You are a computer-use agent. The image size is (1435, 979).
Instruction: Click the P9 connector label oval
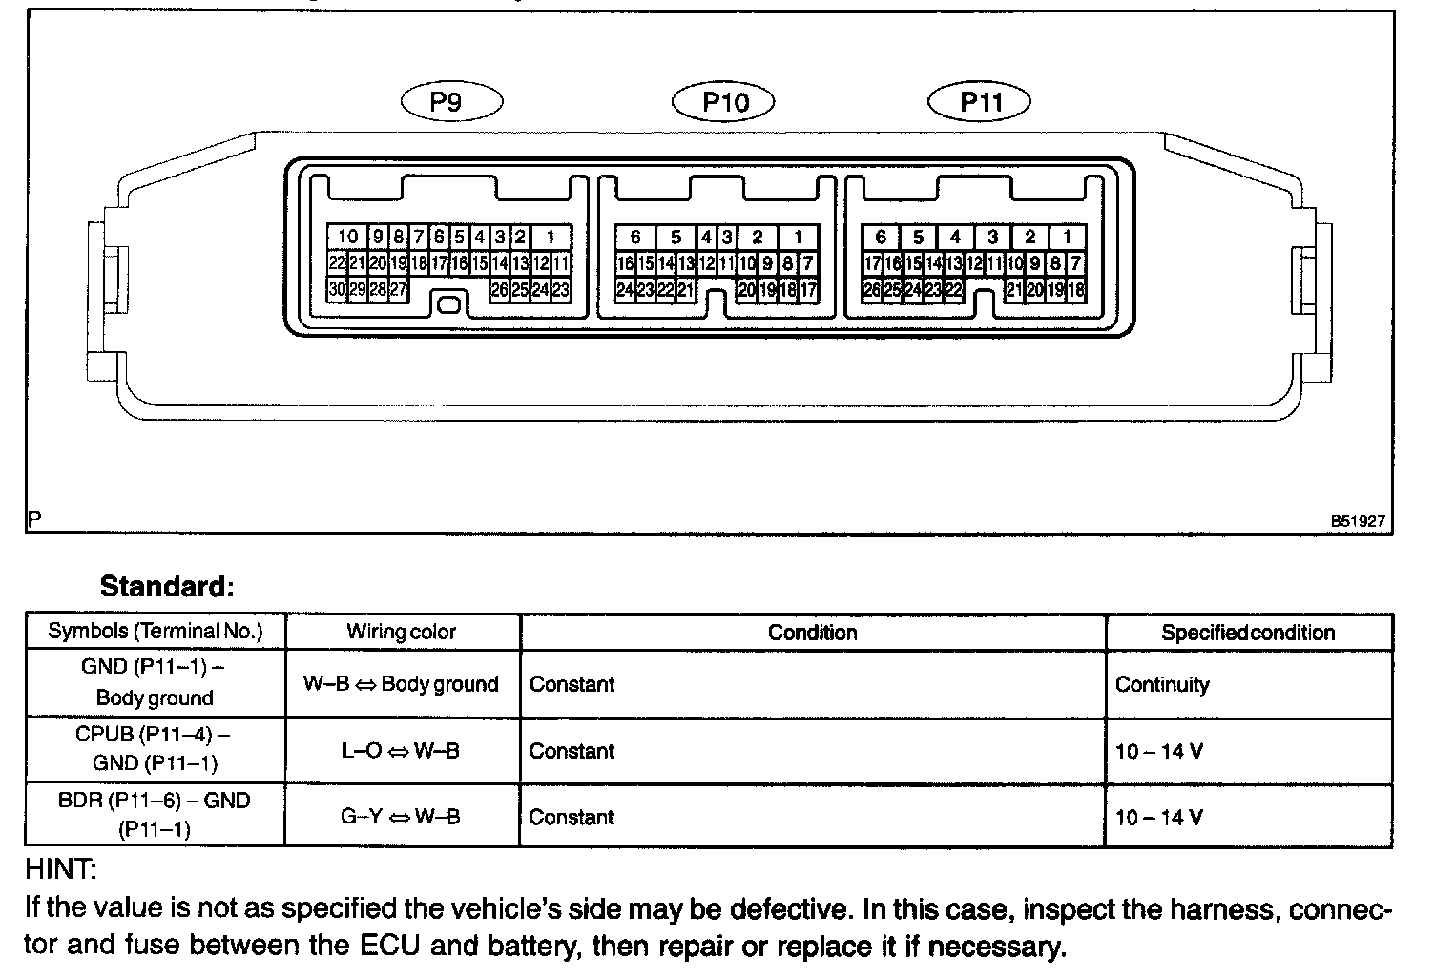point(451,101)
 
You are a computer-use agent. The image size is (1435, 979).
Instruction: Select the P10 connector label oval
point(724,101)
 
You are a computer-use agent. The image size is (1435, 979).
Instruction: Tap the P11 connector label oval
point(980,101)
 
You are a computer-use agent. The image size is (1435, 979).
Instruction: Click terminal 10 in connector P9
point(347,237)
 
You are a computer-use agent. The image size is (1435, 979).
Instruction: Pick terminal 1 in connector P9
point(551,237)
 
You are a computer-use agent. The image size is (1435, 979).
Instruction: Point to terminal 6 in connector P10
point(635,237)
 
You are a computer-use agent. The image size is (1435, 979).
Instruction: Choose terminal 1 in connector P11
point(1068,237)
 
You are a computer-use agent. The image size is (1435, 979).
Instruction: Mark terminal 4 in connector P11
point(955,237)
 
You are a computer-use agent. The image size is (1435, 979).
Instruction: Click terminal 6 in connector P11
point(881,237)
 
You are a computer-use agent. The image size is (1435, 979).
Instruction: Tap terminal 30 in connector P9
point(337,289)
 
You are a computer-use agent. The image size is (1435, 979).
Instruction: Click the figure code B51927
point(1358,522)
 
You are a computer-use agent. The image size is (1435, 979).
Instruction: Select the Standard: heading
point(167,585)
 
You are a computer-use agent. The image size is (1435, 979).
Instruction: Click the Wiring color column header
point(402,632)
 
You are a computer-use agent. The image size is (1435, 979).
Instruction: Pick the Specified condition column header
point(1248,633)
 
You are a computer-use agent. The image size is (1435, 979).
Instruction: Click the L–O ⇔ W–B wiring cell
point(402,751)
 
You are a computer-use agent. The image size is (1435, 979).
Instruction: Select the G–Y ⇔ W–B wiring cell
point(402,817)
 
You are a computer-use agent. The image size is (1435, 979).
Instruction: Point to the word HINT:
point(61,869)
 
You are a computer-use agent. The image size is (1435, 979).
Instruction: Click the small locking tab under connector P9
point(448,305)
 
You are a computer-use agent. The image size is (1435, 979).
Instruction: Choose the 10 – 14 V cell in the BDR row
point(1159,817)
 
